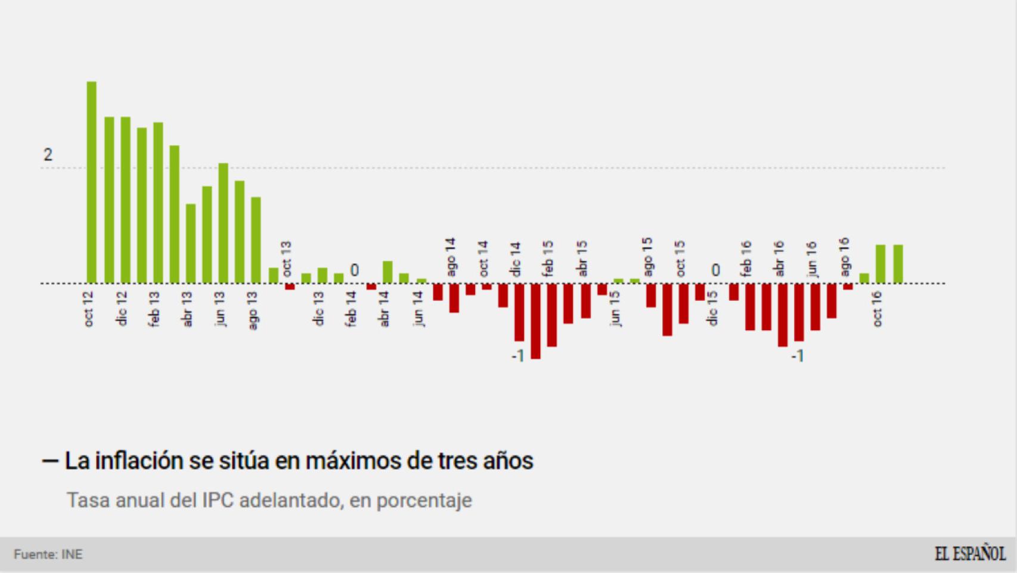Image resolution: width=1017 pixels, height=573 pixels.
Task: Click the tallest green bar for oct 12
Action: click(91, 182)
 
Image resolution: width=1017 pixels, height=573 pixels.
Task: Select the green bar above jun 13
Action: click(224, 223)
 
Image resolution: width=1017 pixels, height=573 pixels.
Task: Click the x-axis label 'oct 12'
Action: click(89, 309)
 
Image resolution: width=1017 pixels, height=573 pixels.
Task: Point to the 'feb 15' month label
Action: click(548, 258)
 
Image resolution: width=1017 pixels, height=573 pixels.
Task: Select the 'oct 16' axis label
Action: click(877, 309)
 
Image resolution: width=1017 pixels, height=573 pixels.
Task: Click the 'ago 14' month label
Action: click(451, 257)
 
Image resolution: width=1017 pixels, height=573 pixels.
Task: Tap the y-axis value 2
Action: click(48, 155)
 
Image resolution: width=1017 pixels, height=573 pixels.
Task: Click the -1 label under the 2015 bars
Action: click(517, 356)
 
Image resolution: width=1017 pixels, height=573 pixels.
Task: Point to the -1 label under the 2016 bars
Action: click(798, 356)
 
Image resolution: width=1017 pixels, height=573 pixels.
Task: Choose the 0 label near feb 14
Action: click(354, 271)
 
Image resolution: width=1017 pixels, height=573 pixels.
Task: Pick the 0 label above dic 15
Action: click(715, 271)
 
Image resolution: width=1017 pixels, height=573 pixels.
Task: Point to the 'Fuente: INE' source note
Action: click(48, 554)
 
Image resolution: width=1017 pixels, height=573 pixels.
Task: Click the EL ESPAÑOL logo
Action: click(970, 554)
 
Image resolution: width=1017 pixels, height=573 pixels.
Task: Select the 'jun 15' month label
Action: click(615, 308)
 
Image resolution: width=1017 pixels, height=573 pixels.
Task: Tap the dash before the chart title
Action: click(49, 461)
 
